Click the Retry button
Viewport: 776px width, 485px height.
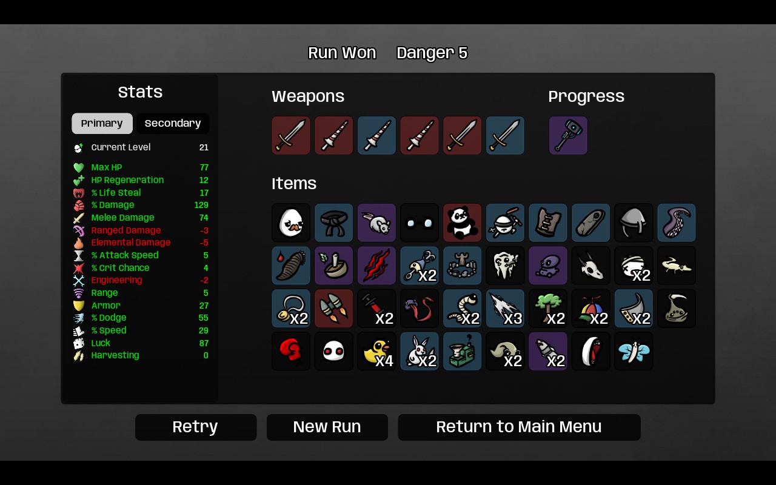(196, 427)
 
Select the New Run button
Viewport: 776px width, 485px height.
(327, 427)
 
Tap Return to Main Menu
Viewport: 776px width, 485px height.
(519, 427)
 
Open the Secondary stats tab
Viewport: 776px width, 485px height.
(173, 123)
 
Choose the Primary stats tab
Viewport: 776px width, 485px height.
(102, 123)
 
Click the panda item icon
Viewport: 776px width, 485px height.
(462, 222)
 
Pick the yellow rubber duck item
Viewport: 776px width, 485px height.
(376, 351)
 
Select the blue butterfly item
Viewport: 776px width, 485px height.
(634, 351)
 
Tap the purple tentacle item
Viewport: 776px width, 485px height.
(676, 222)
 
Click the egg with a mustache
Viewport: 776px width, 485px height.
(291, 222)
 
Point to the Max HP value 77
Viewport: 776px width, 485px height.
(204, 167)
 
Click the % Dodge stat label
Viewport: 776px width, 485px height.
(109, 318)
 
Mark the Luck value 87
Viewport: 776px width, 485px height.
(204, 343)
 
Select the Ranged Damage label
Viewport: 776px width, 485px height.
(125, 230)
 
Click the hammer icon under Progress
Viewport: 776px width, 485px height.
(568, 135)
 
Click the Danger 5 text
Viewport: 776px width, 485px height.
(432, 53)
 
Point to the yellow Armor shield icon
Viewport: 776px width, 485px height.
(79, 306)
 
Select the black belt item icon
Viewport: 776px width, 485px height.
(333, 222)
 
